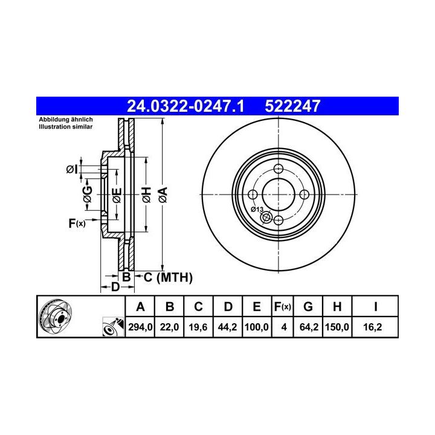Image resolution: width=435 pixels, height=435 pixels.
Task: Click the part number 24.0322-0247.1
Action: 185,106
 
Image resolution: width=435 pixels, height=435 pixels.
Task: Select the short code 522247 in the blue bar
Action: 292,106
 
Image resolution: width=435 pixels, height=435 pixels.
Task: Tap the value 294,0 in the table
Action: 140,327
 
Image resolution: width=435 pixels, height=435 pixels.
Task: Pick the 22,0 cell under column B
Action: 169,327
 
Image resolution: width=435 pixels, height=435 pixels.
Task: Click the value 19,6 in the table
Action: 198,327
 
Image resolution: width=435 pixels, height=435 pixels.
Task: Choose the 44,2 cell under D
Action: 228,327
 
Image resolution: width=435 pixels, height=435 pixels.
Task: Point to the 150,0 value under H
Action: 337,327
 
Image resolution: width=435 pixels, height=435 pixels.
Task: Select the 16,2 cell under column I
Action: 373,327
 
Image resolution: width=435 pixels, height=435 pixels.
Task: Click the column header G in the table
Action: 308,307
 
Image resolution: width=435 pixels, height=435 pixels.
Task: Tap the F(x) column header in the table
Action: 282,307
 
